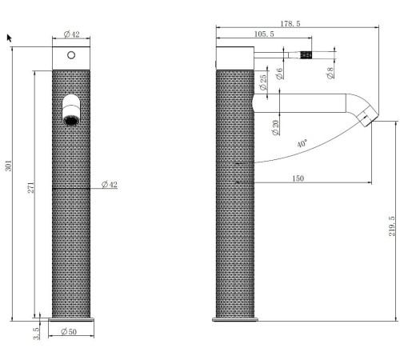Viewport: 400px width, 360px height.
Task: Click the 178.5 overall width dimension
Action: [290, 24]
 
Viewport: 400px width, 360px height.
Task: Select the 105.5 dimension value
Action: [264, 34]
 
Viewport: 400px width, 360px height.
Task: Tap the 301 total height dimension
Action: [9, 166]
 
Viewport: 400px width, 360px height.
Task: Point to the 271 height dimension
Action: [31, 187]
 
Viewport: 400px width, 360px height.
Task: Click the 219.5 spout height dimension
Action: [392, 226]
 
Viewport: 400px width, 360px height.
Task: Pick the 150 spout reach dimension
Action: [298, 178]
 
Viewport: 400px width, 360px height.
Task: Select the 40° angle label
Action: [302, 143]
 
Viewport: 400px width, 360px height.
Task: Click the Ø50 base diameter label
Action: [69, 331]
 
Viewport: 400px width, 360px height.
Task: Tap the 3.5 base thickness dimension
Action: [36, 333]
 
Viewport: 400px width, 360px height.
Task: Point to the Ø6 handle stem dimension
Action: [279, 74]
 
